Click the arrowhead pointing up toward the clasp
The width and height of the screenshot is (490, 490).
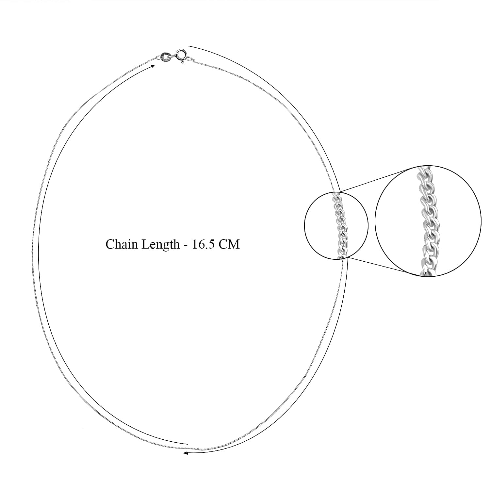153,66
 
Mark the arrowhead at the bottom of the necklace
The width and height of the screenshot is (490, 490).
185,453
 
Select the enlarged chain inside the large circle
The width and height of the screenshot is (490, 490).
426,220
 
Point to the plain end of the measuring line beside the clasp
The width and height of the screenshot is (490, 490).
189,46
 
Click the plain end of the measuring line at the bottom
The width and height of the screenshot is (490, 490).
188,445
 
